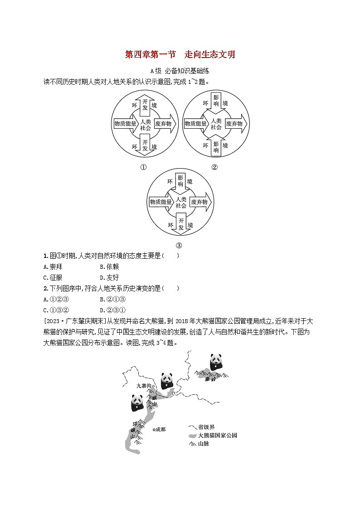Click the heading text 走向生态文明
pyautogui.click(x=210, y=55)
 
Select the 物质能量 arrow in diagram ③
pyautogui.click(x=161, y=202)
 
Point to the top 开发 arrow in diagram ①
pyautogui.click(x=145, y=104)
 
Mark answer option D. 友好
pyautogui.click(x=109, y=277)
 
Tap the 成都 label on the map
pyautogui.click(x=160, y=429)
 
